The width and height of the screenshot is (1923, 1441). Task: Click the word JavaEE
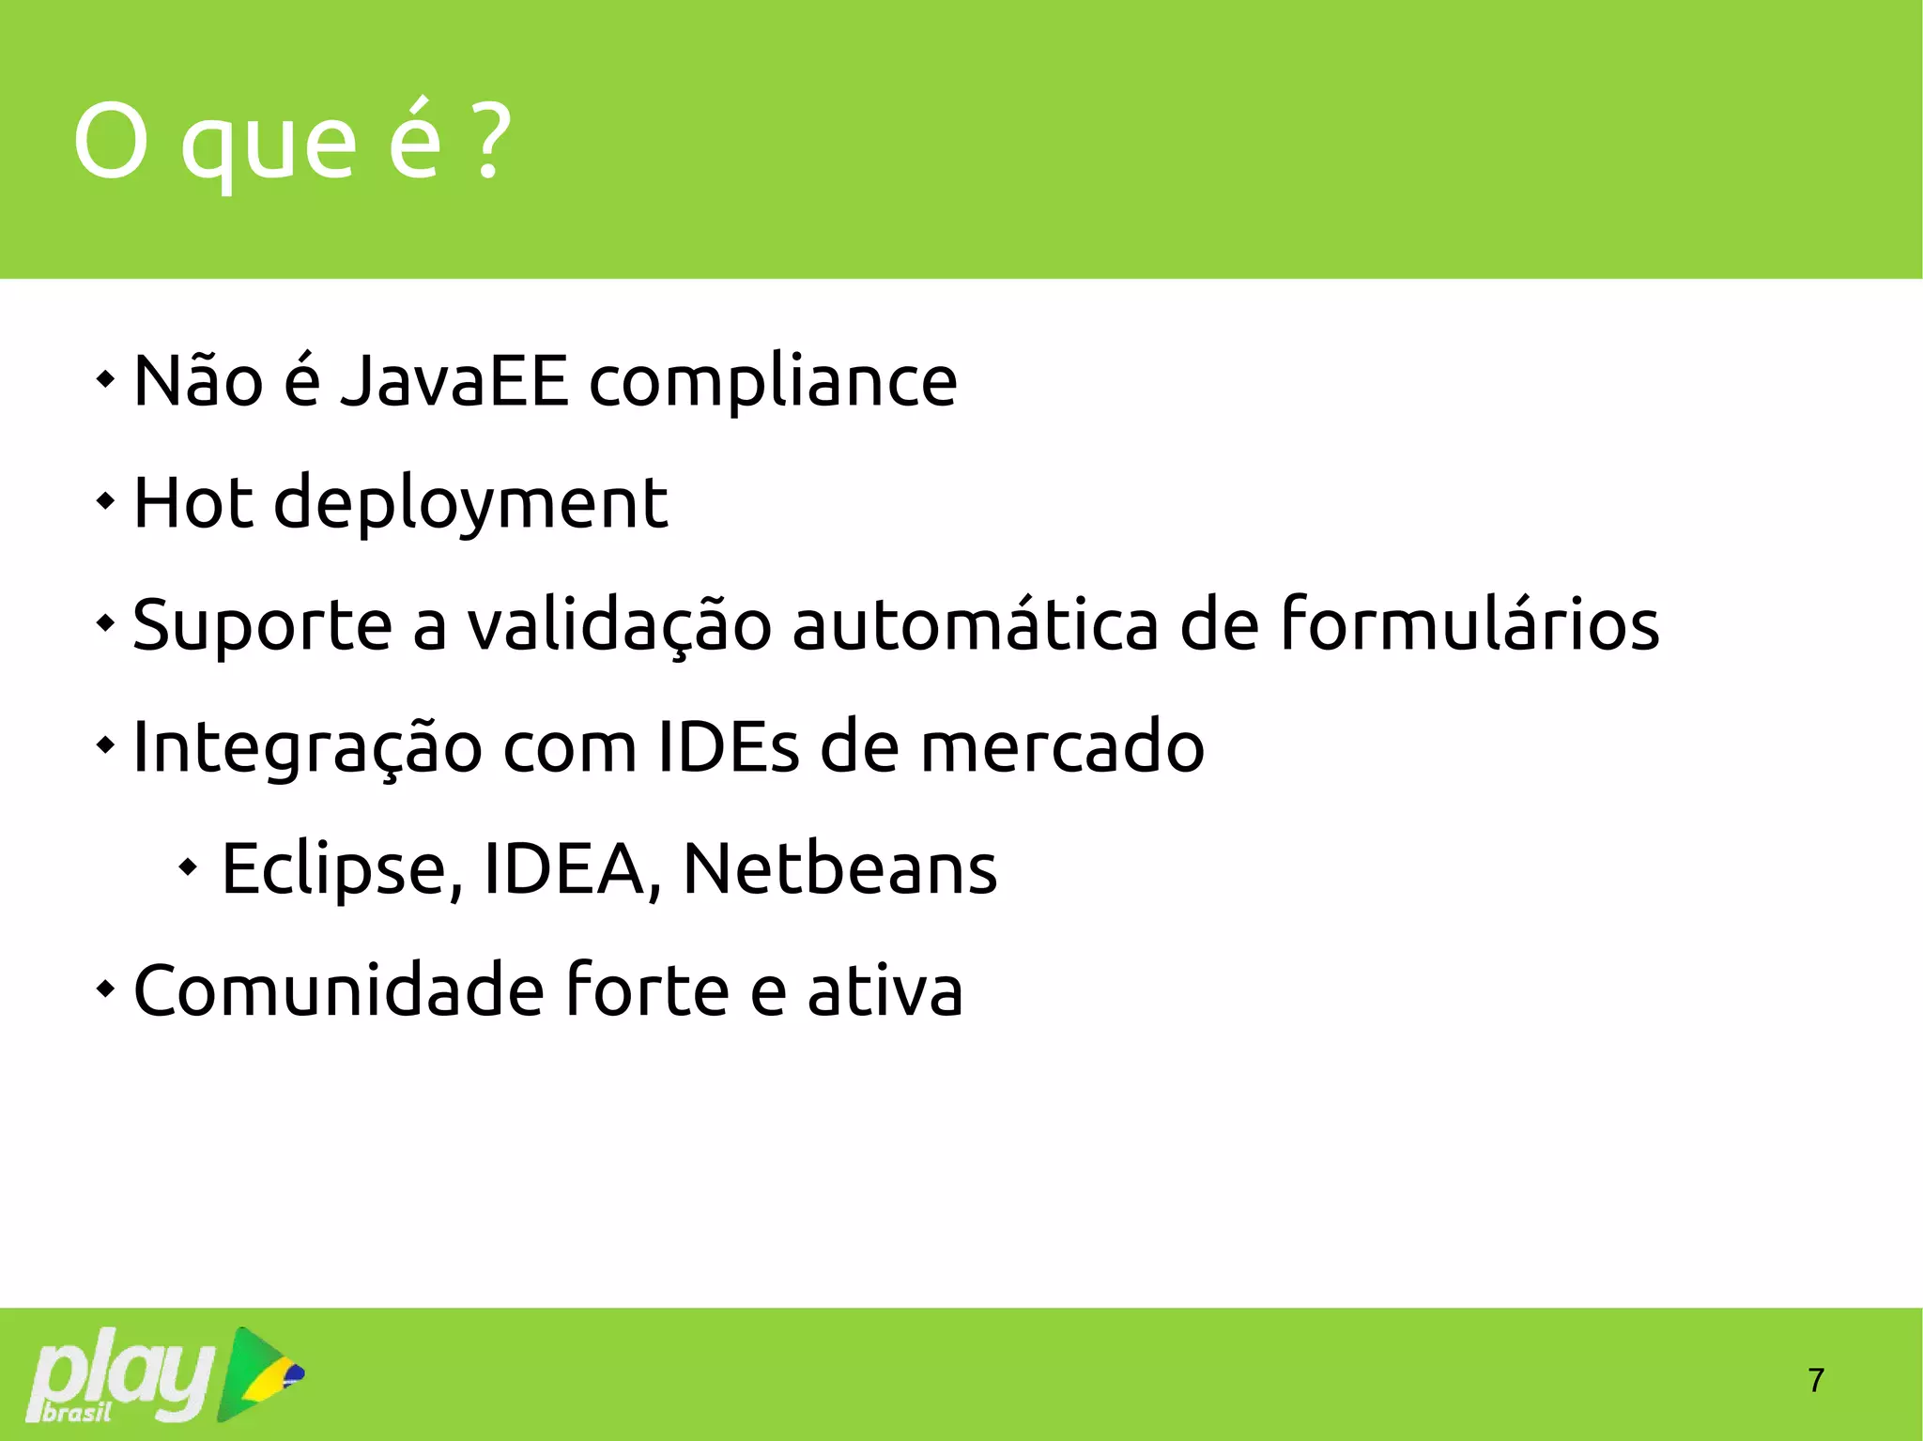(454, 381)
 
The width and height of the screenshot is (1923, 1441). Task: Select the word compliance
(772, 383)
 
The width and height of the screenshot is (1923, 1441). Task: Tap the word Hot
(193, 503)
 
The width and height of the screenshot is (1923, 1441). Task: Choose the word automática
(976, 625)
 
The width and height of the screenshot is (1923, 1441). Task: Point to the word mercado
(1062, 747)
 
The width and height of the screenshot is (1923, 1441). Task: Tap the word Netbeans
(839, 869)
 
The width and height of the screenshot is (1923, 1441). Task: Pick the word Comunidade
(339, 991)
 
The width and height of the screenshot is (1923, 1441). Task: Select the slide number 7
(1816, 1380)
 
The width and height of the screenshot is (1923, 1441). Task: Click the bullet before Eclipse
(189, 867)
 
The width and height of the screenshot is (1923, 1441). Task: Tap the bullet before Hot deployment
(105, 501)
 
